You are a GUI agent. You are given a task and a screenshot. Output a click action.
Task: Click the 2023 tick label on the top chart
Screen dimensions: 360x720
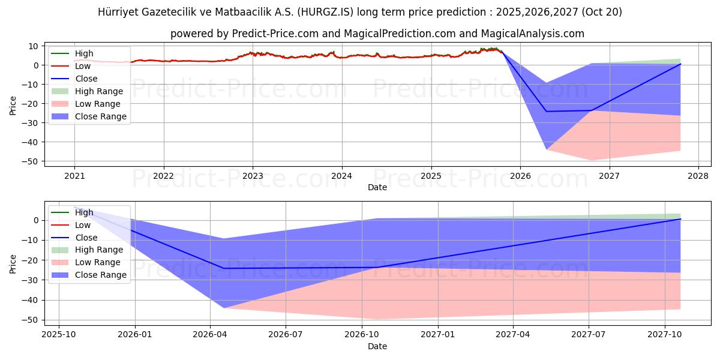253,176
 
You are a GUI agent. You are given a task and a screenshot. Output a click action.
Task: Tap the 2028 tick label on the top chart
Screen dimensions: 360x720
698,176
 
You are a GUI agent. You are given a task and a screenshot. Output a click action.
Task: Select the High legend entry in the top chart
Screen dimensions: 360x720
84,53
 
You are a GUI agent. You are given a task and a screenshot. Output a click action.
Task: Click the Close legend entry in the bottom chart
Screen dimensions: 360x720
86,238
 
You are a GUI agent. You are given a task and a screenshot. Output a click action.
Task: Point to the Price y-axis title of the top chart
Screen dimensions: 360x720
13,106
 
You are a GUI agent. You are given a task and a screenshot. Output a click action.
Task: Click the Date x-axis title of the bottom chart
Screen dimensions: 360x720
377,346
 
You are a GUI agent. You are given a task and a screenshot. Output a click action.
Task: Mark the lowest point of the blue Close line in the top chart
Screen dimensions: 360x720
546,112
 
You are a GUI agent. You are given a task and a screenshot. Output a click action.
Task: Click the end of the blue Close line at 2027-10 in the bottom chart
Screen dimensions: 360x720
680,219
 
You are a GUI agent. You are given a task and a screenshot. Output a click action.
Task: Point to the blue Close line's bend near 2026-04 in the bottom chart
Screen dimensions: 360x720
223,268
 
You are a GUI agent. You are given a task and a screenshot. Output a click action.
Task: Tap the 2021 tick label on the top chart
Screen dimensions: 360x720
74,176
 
